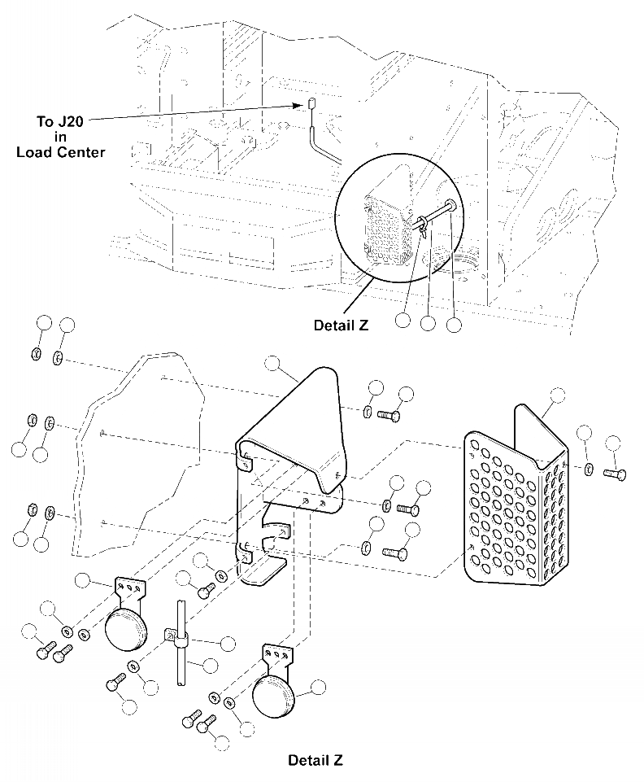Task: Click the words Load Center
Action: pos(60,151)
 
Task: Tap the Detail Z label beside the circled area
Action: pos(342,325)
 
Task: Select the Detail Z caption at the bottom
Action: pos(315,761)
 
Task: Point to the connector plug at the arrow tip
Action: pos(311,103)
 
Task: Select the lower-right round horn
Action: pos(274,699)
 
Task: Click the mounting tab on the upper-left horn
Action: pos(129,588)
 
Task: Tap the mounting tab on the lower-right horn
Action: pos(276,656)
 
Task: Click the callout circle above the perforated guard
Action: pos(558,395)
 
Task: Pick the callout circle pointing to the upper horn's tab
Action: pos(83,580)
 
